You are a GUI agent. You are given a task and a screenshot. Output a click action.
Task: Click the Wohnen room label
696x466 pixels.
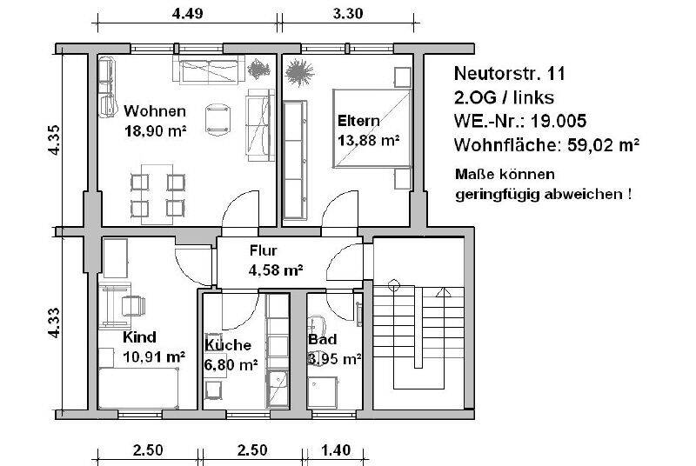(155, 111)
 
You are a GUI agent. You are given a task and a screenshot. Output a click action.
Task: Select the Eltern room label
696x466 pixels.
(358, 120)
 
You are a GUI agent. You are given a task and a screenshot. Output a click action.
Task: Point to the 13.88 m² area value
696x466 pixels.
(368, 138)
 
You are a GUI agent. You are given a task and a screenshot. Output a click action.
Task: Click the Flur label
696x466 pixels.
(263, 252)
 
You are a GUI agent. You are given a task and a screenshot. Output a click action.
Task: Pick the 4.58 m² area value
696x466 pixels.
(276, 270)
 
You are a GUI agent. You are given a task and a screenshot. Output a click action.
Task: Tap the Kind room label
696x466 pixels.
(140, 337)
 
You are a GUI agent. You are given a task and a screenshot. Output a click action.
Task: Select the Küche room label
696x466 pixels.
(228, 344)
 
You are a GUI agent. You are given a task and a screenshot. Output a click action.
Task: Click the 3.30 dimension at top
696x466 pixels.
(348, 13)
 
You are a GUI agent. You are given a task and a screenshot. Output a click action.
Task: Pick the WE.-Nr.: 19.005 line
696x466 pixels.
(519, 120)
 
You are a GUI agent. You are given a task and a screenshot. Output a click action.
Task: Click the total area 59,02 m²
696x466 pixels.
(604, 143)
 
